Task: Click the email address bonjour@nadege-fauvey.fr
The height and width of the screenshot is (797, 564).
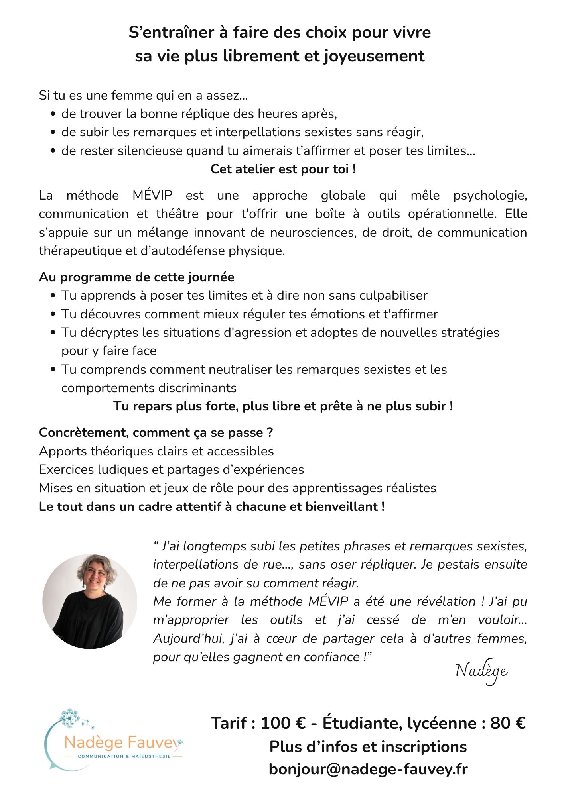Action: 368,769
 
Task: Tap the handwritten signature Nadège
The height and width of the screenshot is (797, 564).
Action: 481,671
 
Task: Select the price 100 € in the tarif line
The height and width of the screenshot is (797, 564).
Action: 283,723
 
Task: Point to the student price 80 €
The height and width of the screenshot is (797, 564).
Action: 508,723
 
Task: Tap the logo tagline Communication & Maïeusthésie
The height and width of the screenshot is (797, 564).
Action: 124,756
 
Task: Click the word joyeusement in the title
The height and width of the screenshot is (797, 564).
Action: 374,56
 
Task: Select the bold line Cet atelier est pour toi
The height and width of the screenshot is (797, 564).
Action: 283,169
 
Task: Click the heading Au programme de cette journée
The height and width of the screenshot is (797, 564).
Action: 136,277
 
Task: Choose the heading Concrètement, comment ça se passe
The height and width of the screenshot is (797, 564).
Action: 156,432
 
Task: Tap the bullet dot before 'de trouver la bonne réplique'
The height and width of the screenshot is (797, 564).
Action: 53,114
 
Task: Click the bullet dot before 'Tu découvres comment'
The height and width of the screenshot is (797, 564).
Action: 53,314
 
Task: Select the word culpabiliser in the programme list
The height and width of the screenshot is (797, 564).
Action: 393,296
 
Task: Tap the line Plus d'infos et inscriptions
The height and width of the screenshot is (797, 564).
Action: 368,746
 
